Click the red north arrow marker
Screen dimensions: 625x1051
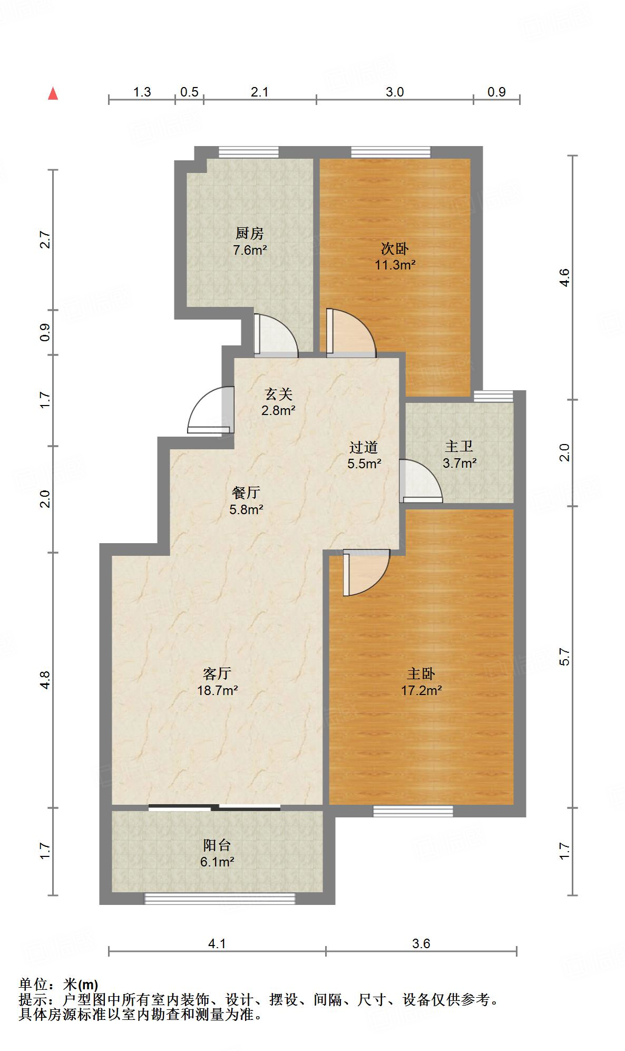53,93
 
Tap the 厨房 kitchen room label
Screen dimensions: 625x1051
249,233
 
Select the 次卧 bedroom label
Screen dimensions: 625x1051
395,248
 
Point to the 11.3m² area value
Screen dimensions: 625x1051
395,265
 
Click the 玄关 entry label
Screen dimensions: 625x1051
278,394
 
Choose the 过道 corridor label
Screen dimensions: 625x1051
364,447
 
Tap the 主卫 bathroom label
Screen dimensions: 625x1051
459,447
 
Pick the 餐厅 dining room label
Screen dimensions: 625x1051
246,493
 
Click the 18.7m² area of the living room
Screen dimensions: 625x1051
217,690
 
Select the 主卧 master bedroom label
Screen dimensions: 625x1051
421,673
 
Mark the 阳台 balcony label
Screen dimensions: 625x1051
217,845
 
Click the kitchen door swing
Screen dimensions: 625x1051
276,334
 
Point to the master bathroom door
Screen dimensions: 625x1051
420,480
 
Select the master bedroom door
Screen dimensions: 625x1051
366,573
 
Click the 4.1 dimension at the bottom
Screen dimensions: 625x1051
217,943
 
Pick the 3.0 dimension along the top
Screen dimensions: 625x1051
395,92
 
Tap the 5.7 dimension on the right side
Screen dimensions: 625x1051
564,656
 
